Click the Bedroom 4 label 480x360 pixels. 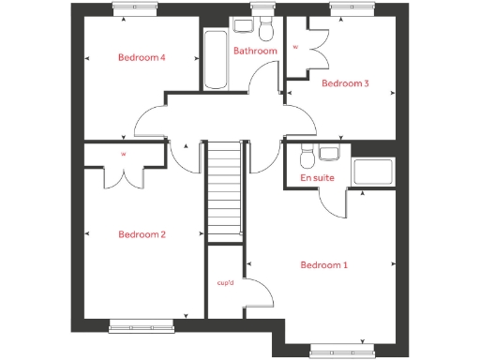tap(142, 57)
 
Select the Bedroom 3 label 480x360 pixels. tap(345, 83)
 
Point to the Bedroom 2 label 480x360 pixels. tap(142, 234)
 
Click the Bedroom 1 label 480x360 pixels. tap(323, 265)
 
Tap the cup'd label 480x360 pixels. tap(225, 282)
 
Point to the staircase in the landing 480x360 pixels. tap(224, 187)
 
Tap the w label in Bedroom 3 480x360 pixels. tap(296, 46)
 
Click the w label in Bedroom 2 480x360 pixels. tap(123, 154)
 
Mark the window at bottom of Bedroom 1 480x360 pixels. tap(344, 352)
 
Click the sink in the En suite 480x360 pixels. tap(328, 154)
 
